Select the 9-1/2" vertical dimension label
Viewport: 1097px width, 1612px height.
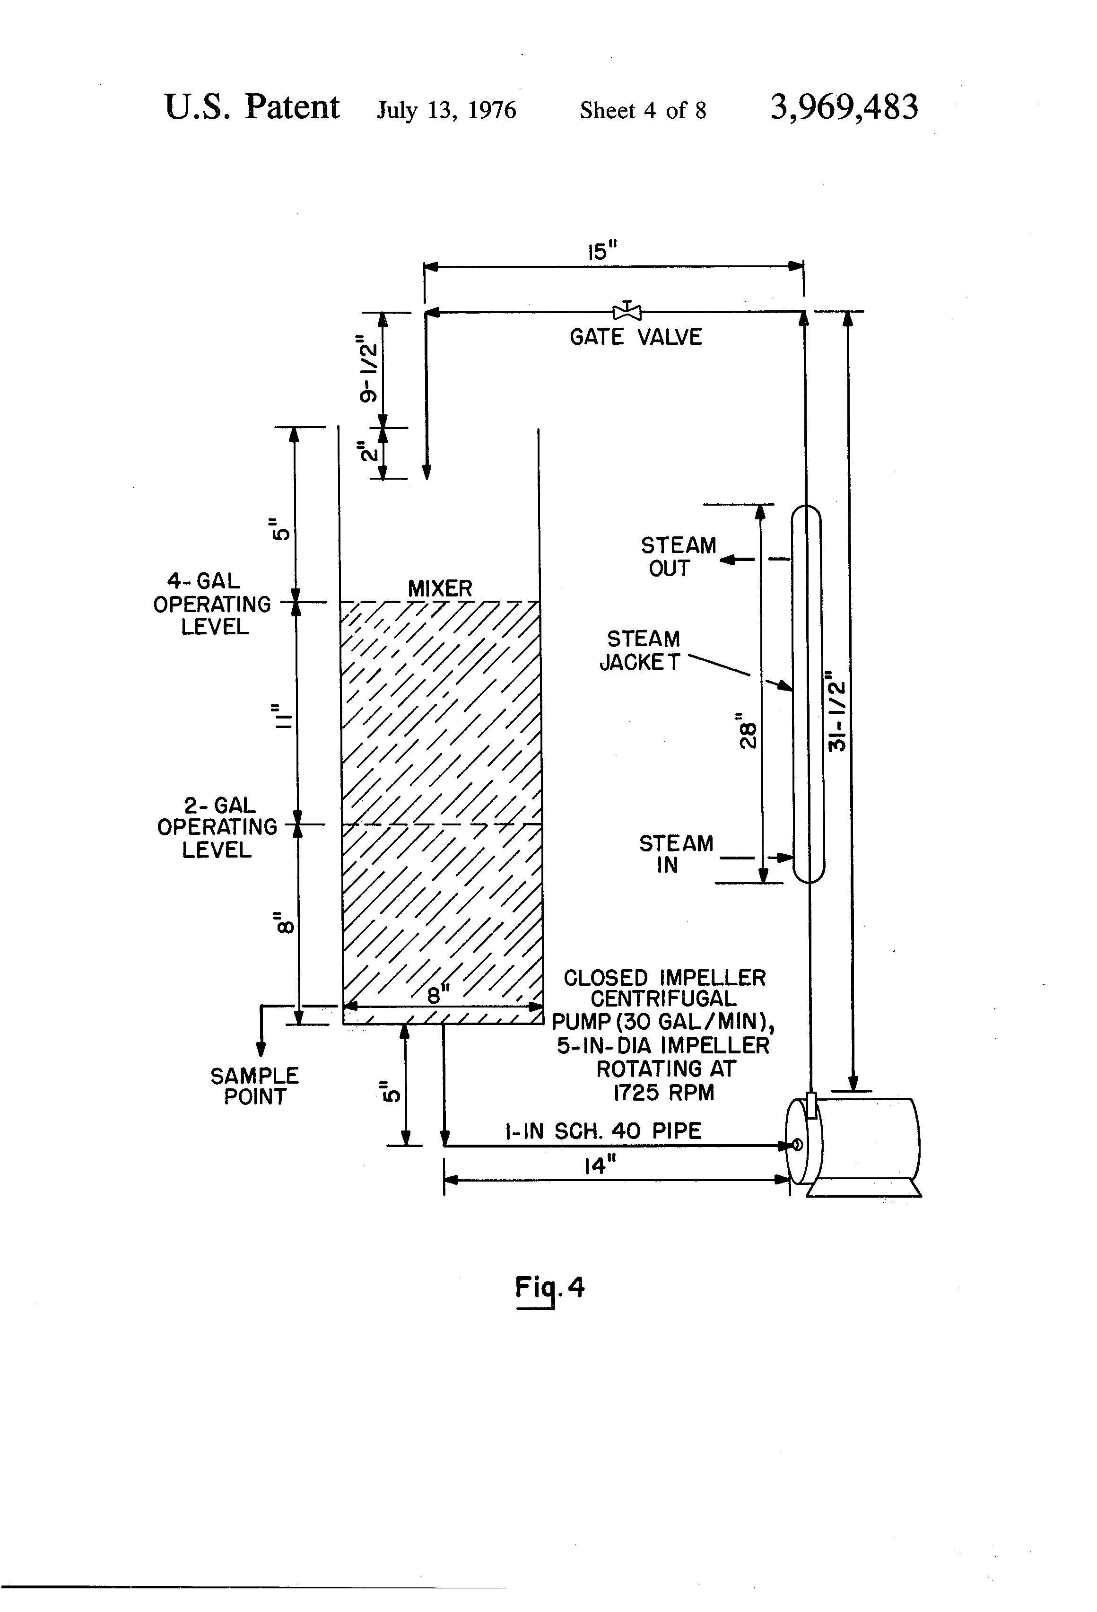click(369, 370)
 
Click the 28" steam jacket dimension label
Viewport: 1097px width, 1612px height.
click(746, 731)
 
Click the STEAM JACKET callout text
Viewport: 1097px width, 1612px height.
click(641, 651)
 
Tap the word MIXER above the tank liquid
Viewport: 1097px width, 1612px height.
click(440, 589)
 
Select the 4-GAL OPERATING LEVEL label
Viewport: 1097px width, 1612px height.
click(212, 604)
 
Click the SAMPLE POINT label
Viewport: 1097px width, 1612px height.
click(254, 1086)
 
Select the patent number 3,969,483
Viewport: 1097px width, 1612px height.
click(844, 107)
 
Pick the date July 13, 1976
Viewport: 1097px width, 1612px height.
click(446, 110)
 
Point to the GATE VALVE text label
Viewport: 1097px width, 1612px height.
click(635, 337)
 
